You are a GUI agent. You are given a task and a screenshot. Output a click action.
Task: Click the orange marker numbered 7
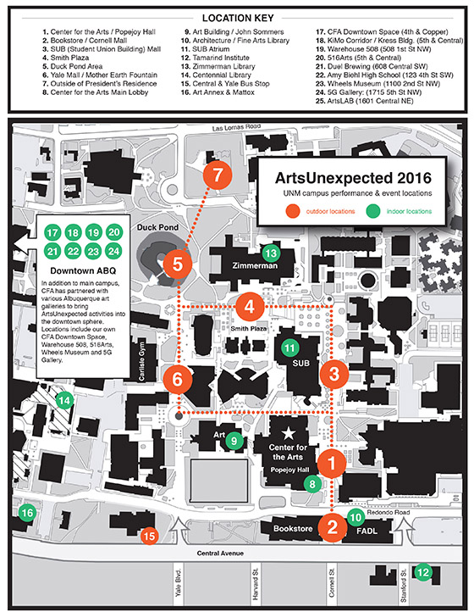(x=218, y=175)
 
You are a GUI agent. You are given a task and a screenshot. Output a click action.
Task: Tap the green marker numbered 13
(x=271, y=253)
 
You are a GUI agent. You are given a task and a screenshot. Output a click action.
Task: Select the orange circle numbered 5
(x=178, y=264)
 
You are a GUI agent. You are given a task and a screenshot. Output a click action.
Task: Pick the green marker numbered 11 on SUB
(x=289, y=348)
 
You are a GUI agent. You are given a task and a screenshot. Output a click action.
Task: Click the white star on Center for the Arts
(x=289, y=433)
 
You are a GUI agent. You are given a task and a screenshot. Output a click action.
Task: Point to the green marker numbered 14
(x=64, y=400)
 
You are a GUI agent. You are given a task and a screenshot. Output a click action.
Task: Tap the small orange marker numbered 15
(x=149, y=536)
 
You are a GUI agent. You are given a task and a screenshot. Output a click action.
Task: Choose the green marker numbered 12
(x=423, y=572)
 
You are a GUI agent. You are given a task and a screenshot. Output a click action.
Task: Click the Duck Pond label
(x=157, y=227)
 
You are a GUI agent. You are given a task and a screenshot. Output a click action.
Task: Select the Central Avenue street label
(x=220, y=553)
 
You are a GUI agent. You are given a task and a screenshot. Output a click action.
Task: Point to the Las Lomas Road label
(x=236, y=128)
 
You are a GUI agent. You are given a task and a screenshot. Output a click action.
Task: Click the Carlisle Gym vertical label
(x=141, y=362)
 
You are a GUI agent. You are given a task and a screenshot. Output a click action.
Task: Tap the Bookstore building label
(x=293, y=528)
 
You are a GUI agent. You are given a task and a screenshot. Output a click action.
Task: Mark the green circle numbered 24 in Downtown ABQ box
(x=113, y=251)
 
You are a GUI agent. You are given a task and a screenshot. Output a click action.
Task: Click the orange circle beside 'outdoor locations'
(x=293, y=211)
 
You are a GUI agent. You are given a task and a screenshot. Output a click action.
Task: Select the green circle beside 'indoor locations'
(x=373, y=211)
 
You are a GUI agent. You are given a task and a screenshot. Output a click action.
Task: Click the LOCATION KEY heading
(x=238, y=18)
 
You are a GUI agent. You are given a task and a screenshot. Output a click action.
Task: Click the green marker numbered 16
(x=27, y=513)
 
